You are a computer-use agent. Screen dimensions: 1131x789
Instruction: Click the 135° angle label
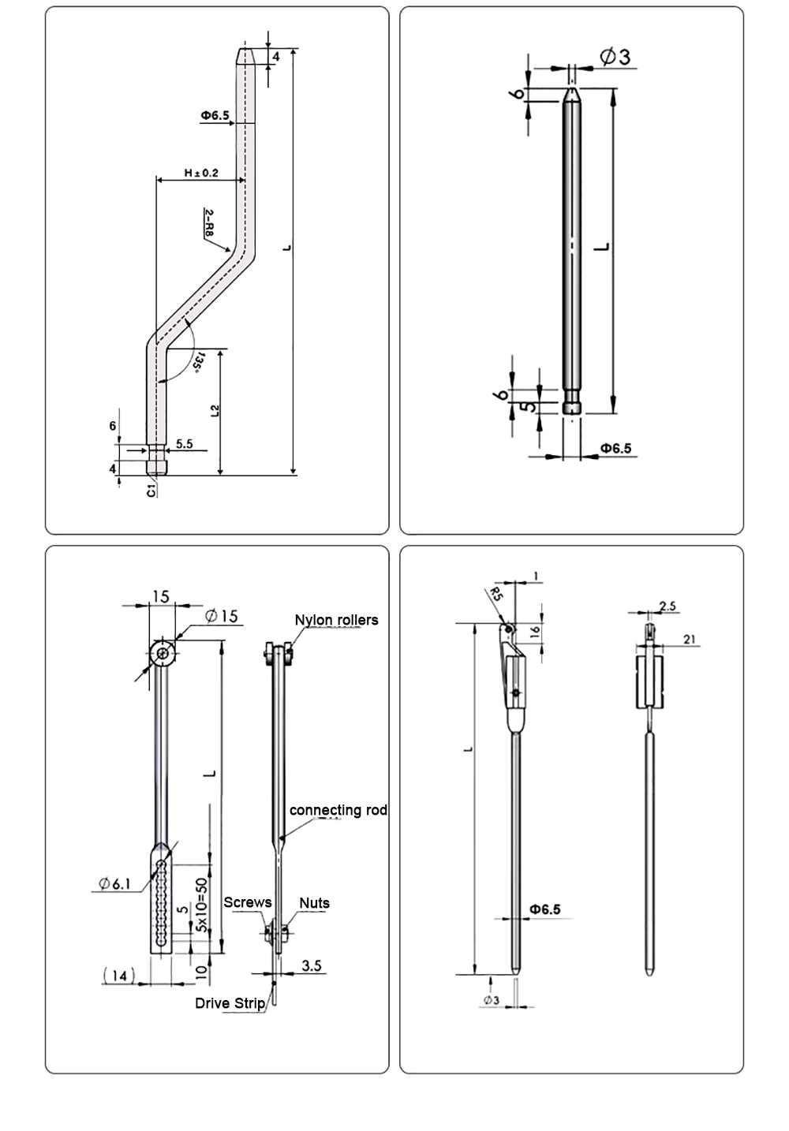click(199, 364)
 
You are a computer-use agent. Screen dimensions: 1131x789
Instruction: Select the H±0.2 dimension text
click(201, 173)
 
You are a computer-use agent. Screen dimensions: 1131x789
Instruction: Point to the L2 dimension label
click(215, 410)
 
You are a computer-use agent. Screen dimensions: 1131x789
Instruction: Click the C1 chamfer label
click(151, 491)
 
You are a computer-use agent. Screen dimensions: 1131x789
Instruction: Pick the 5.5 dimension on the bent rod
click(184, 444)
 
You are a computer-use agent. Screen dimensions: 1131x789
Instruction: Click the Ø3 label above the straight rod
click(615, 57)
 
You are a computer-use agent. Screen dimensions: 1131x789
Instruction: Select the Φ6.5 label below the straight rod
click(615, 448)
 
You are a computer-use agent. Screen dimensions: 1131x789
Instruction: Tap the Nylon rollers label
click(336, 620)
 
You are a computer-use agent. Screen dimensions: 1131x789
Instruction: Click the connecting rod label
click(338, 810)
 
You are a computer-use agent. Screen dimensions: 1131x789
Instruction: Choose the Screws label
click(247, 902)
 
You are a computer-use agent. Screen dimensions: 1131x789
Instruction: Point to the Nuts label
click(314, 903)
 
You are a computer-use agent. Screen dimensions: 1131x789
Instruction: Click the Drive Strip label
click(230, 1002)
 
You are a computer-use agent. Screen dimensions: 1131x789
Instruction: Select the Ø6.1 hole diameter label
click(114, 884)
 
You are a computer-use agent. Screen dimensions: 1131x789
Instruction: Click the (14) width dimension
click(118, 976)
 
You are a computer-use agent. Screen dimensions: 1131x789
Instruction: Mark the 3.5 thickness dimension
click(312, 965)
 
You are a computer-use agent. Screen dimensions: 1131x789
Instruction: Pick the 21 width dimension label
click(689, 640)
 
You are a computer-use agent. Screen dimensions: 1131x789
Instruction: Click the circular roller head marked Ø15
click(163, 652)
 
